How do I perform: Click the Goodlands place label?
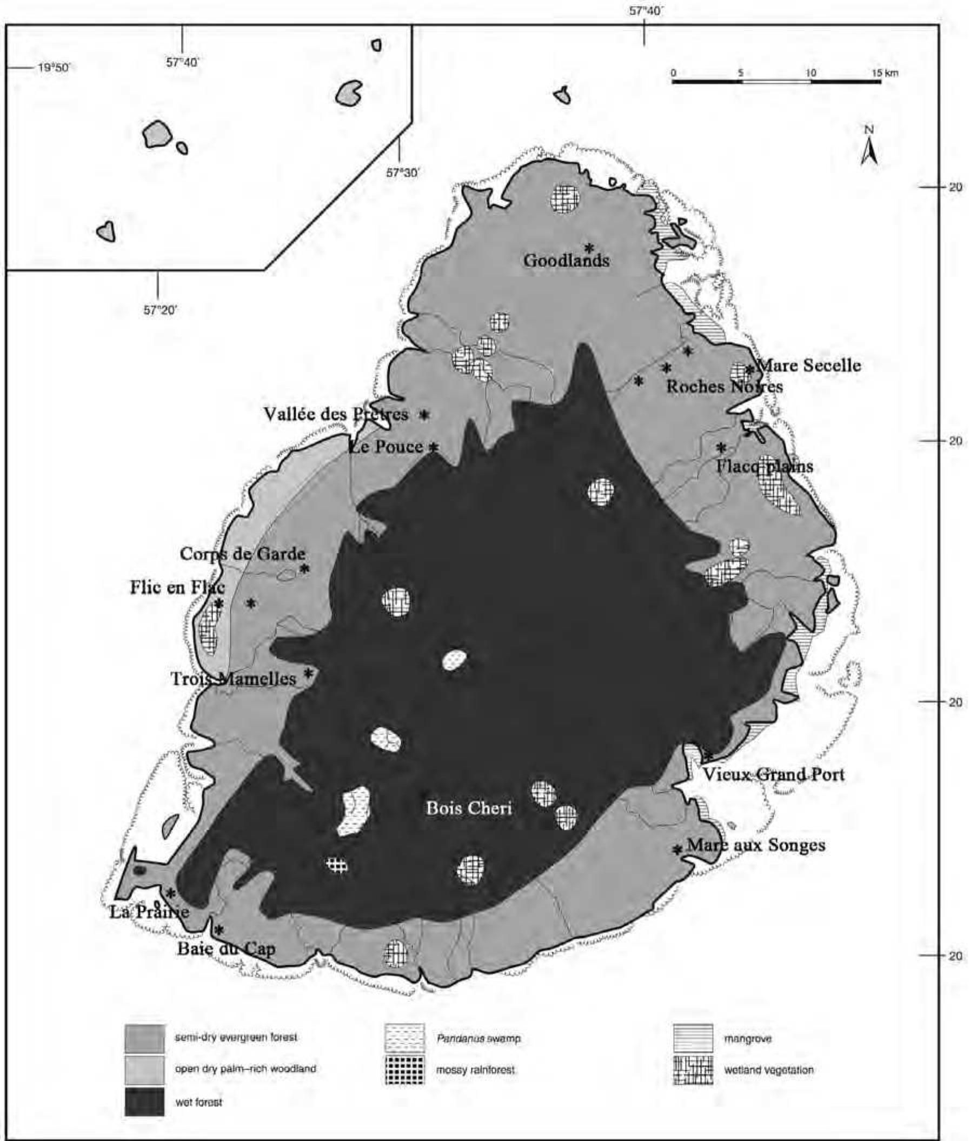tap(567, 260)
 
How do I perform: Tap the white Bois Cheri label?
tap(469, 808)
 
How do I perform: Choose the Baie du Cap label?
tap(226, 949)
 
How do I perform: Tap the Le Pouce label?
tap(386, 447)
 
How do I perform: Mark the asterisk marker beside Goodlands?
tap(589, 248)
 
